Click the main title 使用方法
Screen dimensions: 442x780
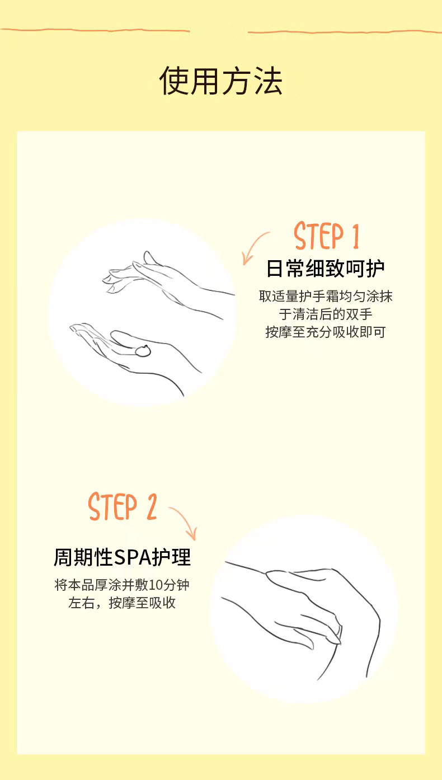click(x=221, y=81)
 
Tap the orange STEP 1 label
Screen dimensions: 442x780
click(x=326, y=236)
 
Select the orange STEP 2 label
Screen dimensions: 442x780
click(x=123, y=506)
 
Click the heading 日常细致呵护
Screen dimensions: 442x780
click(x=325, y=269)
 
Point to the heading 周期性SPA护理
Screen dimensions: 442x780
click(x=123, y=557)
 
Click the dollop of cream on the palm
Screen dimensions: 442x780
click(x=143, y=351)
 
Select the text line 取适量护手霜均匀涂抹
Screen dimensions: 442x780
click(x=326, y=297)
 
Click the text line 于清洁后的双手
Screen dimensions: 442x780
click(x=326, y=314)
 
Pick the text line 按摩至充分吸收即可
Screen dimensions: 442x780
click(x=326, y=332)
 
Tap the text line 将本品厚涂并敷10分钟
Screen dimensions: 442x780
click(x=122, y=585)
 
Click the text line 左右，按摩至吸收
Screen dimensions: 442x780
click(x=122, y=603)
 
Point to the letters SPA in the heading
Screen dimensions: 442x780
click(x=133, y=557)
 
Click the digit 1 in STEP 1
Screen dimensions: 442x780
click(x=355, y=236)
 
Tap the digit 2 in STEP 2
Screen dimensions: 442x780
click(x=152, y=507)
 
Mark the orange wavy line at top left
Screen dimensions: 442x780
click(x=95, y=30)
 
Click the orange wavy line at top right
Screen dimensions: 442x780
click(x=345, y=32)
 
